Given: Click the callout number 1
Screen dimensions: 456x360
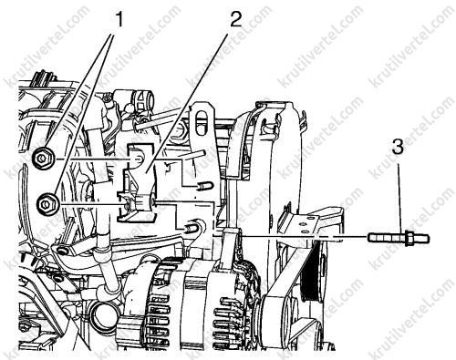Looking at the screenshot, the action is (118, 19).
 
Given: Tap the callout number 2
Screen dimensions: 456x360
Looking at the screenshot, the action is (234, 19).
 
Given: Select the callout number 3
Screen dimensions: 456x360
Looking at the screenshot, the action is (398, 147).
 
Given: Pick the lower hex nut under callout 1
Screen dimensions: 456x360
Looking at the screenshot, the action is (48, 203).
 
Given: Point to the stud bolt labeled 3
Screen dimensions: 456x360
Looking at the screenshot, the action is (399, 237).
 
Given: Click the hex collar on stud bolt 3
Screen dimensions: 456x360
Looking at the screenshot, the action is (407, 237).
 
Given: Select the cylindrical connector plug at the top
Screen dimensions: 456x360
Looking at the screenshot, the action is (142, 99).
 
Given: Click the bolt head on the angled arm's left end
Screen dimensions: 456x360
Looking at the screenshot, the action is (62, 251).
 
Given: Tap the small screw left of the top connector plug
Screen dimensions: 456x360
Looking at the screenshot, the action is (106, 98).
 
